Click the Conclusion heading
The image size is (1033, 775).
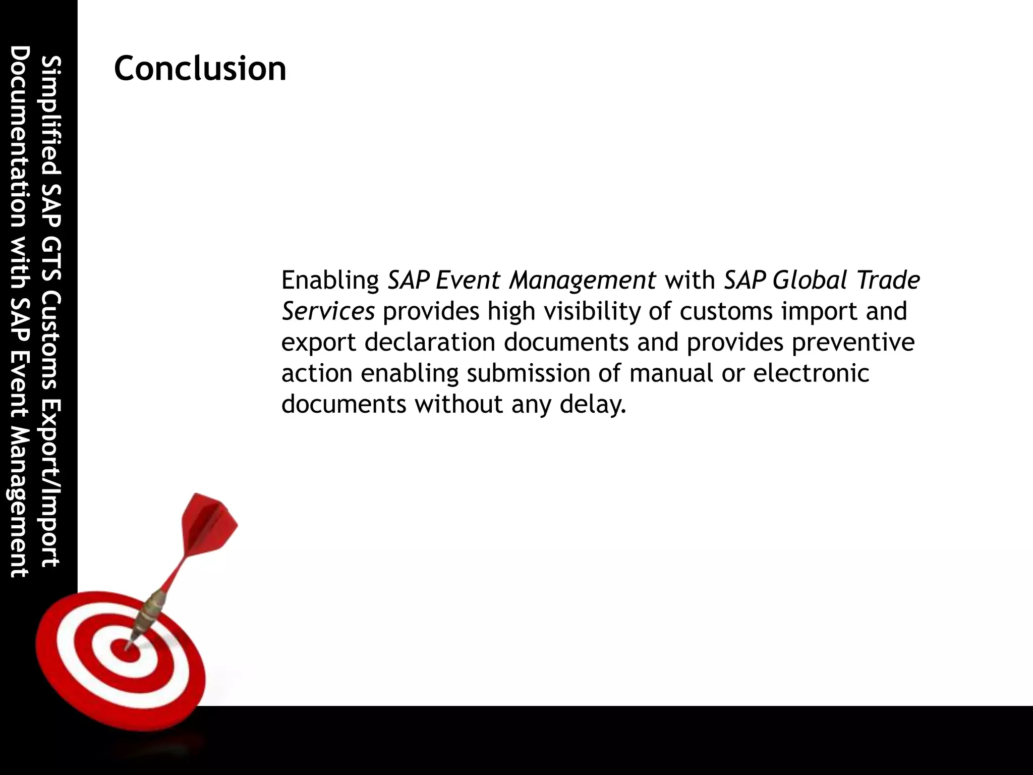(x=200, y=69)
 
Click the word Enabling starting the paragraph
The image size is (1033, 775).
(x=330, y=281)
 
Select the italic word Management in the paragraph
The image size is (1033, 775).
(x=582, y=281)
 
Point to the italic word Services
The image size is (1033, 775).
(x=328, y=311)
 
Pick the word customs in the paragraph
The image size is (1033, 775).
(x=726, y=311)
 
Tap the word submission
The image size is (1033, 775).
(x=528, y=374)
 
